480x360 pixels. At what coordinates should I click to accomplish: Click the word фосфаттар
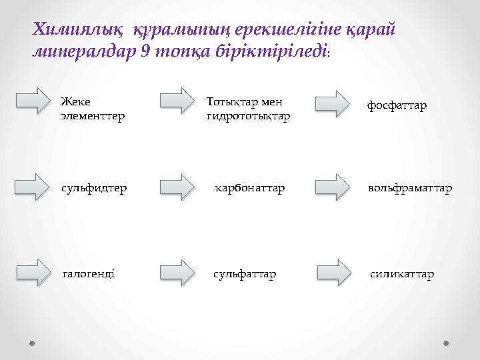coord(397,106)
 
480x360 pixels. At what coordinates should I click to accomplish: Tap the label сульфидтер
coord(93,188)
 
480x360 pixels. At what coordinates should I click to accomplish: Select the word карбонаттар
coord(250,188)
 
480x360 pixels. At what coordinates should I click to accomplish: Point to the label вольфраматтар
coord(410,188)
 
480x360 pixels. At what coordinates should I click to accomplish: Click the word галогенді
coord(88,273)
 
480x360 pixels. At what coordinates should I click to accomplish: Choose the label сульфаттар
coord(245,273)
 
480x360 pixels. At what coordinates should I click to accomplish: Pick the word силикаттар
coord(402,273)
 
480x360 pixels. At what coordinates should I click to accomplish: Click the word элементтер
coord(93,116)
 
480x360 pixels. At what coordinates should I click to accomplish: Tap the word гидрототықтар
coord(249,116)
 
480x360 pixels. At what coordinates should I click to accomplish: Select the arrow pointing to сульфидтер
coord(34,187)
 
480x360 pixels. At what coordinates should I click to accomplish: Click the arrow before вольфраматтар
coord(332,187)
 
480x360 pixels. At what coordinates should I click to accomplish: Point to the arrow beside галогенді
coord(34,272)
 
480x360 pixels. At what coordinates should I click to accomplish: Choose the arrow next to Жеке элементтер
coord(34,100)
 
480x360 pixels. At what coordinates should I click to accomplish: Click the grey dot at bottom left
coord(32,343)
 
